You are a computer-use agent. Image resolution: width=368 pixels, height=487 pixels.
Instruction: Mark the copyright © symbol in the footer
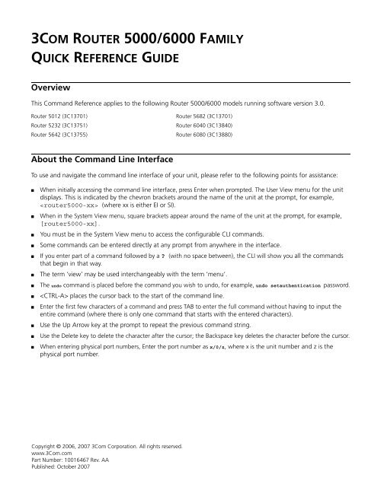click(x=65, y=455)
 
